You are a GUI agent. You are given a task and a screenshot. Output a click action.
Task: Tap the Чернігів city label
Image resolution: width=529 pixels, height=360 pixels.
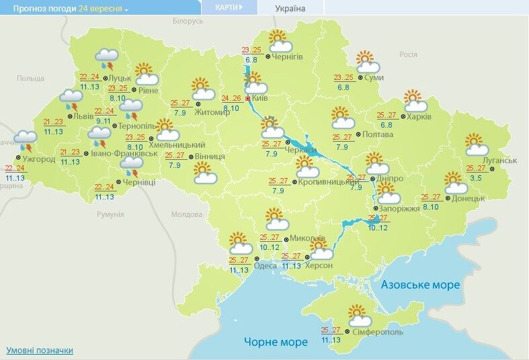[288, 57]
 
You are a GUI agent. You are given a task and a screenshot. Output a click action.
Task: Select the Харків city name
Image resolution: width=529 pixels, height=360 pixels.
[419, 116]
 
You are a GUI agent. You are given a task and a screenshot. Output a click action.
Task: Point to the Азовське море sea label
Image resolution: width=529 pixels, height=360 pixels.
[420, 285]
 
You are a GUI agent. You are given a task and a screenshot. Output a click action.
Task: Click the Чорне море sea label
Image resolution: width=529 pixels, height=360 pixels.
[276, 342]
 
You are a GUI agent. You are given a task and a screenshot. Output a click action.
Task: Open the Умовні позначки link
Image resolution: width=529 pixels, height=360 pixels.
[40, 351]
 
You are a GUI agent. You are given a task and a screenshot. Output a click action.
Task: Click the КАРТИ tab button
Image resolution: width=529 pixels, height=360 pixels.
[226, 7]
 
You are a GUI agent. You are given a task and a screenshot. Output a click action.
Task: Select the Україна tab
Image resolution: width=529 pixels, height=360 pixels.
[290, 9]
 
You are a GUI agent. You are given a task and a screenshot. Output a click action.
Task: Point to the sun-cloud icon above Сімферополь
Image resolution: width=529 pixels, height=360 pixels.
[362, 315]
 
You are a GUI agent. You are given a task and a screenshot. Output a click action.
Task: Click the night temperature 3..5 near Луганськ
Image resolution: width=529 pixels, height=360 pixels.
[476, 177]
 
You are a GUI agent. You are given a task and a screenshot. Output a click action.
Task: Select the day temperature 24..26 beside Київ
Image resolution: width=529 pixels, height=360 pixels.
[231, 97]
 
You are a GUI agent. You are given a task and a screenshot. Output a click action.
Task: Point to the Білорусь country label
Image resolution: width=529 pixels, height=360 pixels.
[188, 21]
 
